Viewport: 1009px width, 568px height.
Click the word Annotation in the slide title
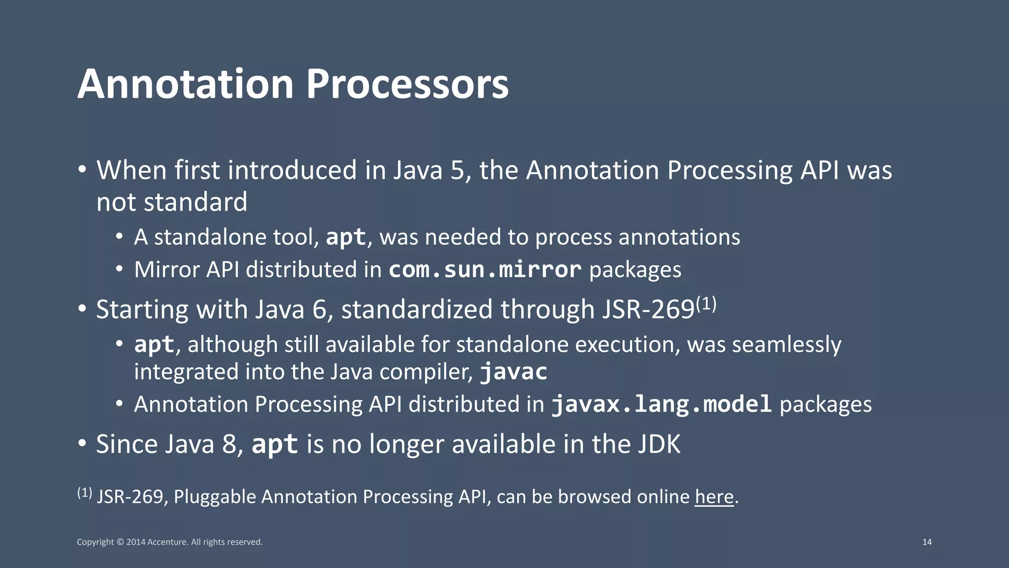[x=185, y=84]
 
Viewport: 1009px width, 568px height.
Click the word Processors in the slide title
[x=407, y=84]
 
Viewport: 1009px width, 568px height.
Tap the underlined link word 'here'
[x=714, y=497]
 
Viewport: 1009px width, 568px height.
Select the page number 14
[x=927, y=542]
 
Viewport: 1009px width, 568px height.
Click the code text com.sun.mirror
[x=485, y=270]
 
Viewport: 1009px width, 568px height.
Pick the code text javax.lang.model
[x=661, y=404]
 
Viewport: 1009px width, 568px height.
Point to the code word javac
[x=514, y=372]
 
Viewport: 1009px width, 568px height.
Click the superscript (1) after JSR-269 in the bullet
[x=706, y=304]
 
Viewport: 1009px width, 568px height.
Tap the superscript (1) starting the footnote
[x=84, y=492]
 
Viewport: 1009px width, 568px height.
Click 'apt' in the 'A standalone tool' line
[x=346, y=237]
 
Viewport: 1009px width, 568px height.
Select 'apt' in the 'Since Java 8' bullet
[x=274, y=444]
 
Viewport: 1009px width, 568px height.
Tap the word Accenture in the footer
[x=167, y=542]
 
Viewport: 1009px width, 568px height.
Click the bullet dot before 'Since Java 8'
[x=82, y=443]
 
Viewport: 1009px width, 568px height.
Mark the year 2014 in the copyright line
[x=135, y=542]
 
